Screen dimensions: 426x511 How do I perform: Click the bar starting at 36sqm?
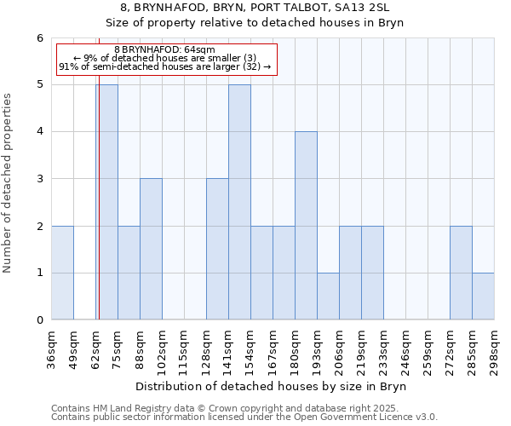point(62,273)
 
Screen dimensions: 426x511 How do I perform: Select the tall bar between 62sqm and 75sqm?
point(107,204)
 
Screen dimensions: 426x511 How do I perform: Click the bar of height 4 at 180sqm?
point(306,226)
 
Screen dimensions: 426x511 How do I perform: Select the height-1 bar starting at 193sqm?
point(328,296)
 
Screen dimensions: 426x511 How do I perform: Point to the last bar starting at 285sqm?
point(483,296)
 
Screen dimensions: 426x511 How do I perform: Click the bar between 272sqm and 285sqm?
point(461,273)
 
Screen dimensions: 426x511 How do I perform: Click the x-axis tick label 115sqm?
point(185,348)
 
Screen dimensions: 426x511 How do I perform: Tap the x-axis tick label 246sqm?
point(406,348)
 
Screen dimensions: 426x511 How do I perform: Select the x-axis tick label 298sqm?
point(495,348)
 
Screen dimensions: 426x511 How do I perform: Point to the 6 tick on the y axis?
point(39,38)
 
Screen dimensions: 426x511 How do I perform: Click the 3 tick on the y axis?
point(39,179)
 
